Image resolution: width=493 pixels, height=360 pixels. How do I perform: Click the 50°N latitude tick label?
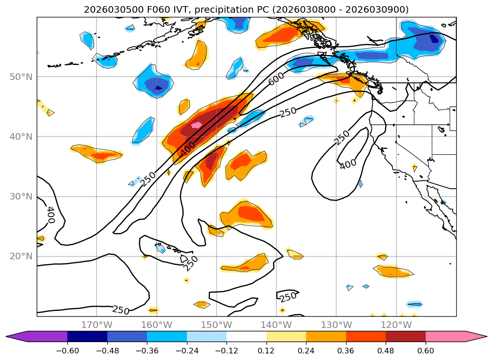point(21,77)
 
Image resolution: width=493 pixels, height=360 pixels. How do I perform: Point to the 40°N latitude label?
point(21,136)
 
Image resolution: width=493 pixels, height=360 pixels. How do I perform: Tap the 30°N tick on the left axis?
point(21,196)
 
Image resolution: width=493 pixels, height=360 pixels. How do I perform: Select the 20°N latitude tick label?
point(21,256)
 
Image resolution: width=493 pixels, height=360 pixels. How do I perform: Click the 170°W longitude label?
point(97,325)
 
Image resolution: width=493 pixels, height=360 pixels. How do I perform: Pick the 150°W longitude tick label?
point(216,325)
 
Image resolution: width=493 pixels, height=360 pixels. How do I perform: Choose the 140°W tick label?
point(276,325)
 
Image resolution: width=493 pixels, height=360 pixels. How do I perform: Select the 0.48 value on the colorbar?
point(386,351)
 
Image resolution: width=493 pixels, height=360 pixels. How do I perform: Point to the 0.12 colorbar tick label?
point(267,351)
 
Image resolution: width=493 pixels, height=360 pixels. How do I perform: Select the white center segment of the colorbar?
point(246,336)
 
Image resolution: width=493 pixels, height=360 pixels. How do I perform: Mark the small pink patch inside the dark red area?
point(196,125)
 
